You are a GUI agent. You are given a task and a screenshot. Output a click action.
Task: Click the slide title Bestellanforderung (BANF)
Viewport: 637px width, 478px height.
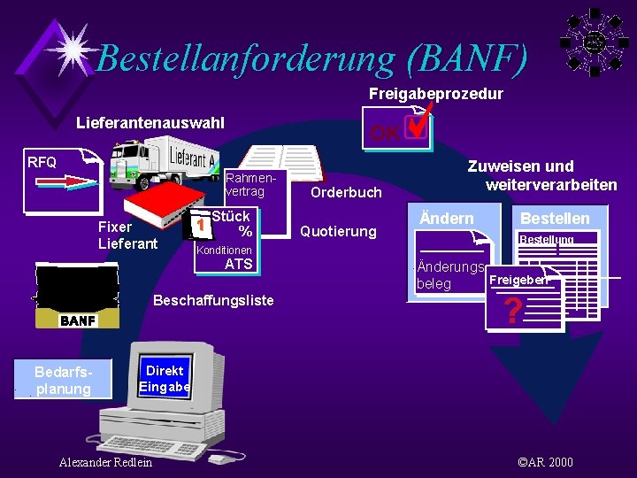click(311, 58)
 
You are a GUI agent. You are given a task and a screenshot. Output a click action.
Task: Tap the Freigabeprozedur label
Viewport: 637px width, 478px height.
click(435, 93)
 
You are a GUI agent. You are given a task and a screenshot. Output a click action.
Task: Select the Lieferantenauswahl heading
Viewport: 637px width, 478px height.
click(150, 122)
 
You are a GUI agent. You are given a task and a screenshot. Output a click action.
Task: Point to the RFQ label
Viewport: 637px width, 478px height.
click(42, 162)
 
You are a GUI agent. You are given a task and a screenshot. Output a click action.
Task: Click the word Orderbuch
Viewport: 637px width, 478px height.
click(346, 192)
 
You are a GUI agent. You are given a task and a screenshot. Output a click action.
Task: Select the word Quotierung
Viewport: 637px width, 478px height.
click(338, 232)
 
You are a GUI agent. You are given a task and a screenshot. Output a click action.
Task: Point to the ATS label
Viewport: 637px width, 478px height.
click(239, 264)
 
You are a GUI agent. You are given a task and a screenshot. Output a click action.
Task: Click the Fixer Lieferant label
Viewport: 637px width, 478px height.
click(127, 235)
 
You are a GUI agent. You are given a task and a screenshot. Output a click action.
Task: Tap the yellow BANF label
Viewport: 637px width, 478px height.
click(78, 320)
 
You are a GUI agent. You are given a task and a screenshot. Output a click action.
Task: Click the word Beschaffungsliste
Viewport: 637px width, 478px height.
click(213, 300)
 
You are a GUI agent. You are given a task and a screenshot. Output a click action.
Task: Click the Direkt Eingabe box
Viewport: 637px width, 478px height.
click(165, 379)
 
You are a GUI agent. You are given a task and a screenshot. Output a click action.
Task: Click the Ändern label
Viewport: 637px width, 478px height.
click(446, 219)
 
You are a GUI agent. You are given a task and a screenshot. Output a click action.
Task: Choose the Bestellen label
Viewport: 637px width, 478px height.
click(555, 219)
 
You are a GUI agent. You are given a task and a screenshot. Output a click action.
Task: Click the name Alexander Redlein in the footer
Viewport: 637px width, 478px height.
click(105, 462)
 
